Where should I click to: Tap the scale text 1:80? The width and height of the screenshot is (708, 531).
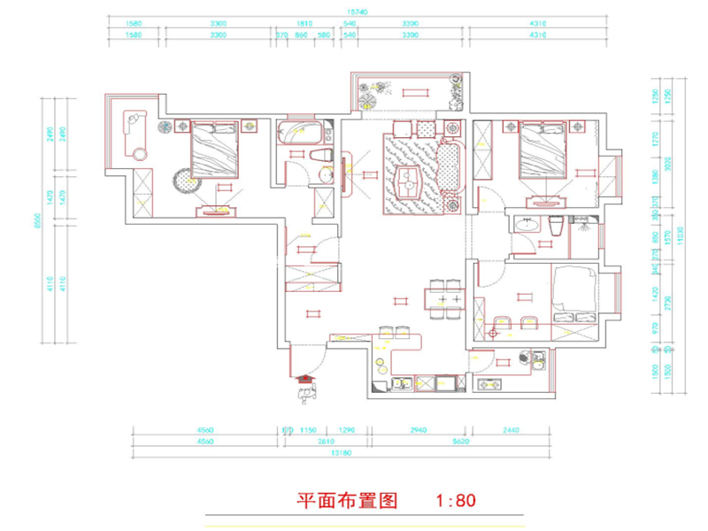point(456,500)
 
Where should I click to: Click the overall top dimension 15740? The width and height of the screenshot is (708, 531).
point(357,12)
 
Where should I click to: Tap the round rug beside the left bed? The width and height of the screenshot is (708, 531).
point(186,181)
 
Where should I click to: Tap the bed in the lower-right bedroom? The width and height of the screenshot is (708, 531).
point(575,292)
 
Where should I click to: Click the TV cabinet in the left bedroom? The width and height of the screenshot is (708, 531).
point(215,210)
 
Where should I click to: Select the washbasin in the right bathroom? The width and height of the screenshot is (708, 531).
point(527,226)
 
